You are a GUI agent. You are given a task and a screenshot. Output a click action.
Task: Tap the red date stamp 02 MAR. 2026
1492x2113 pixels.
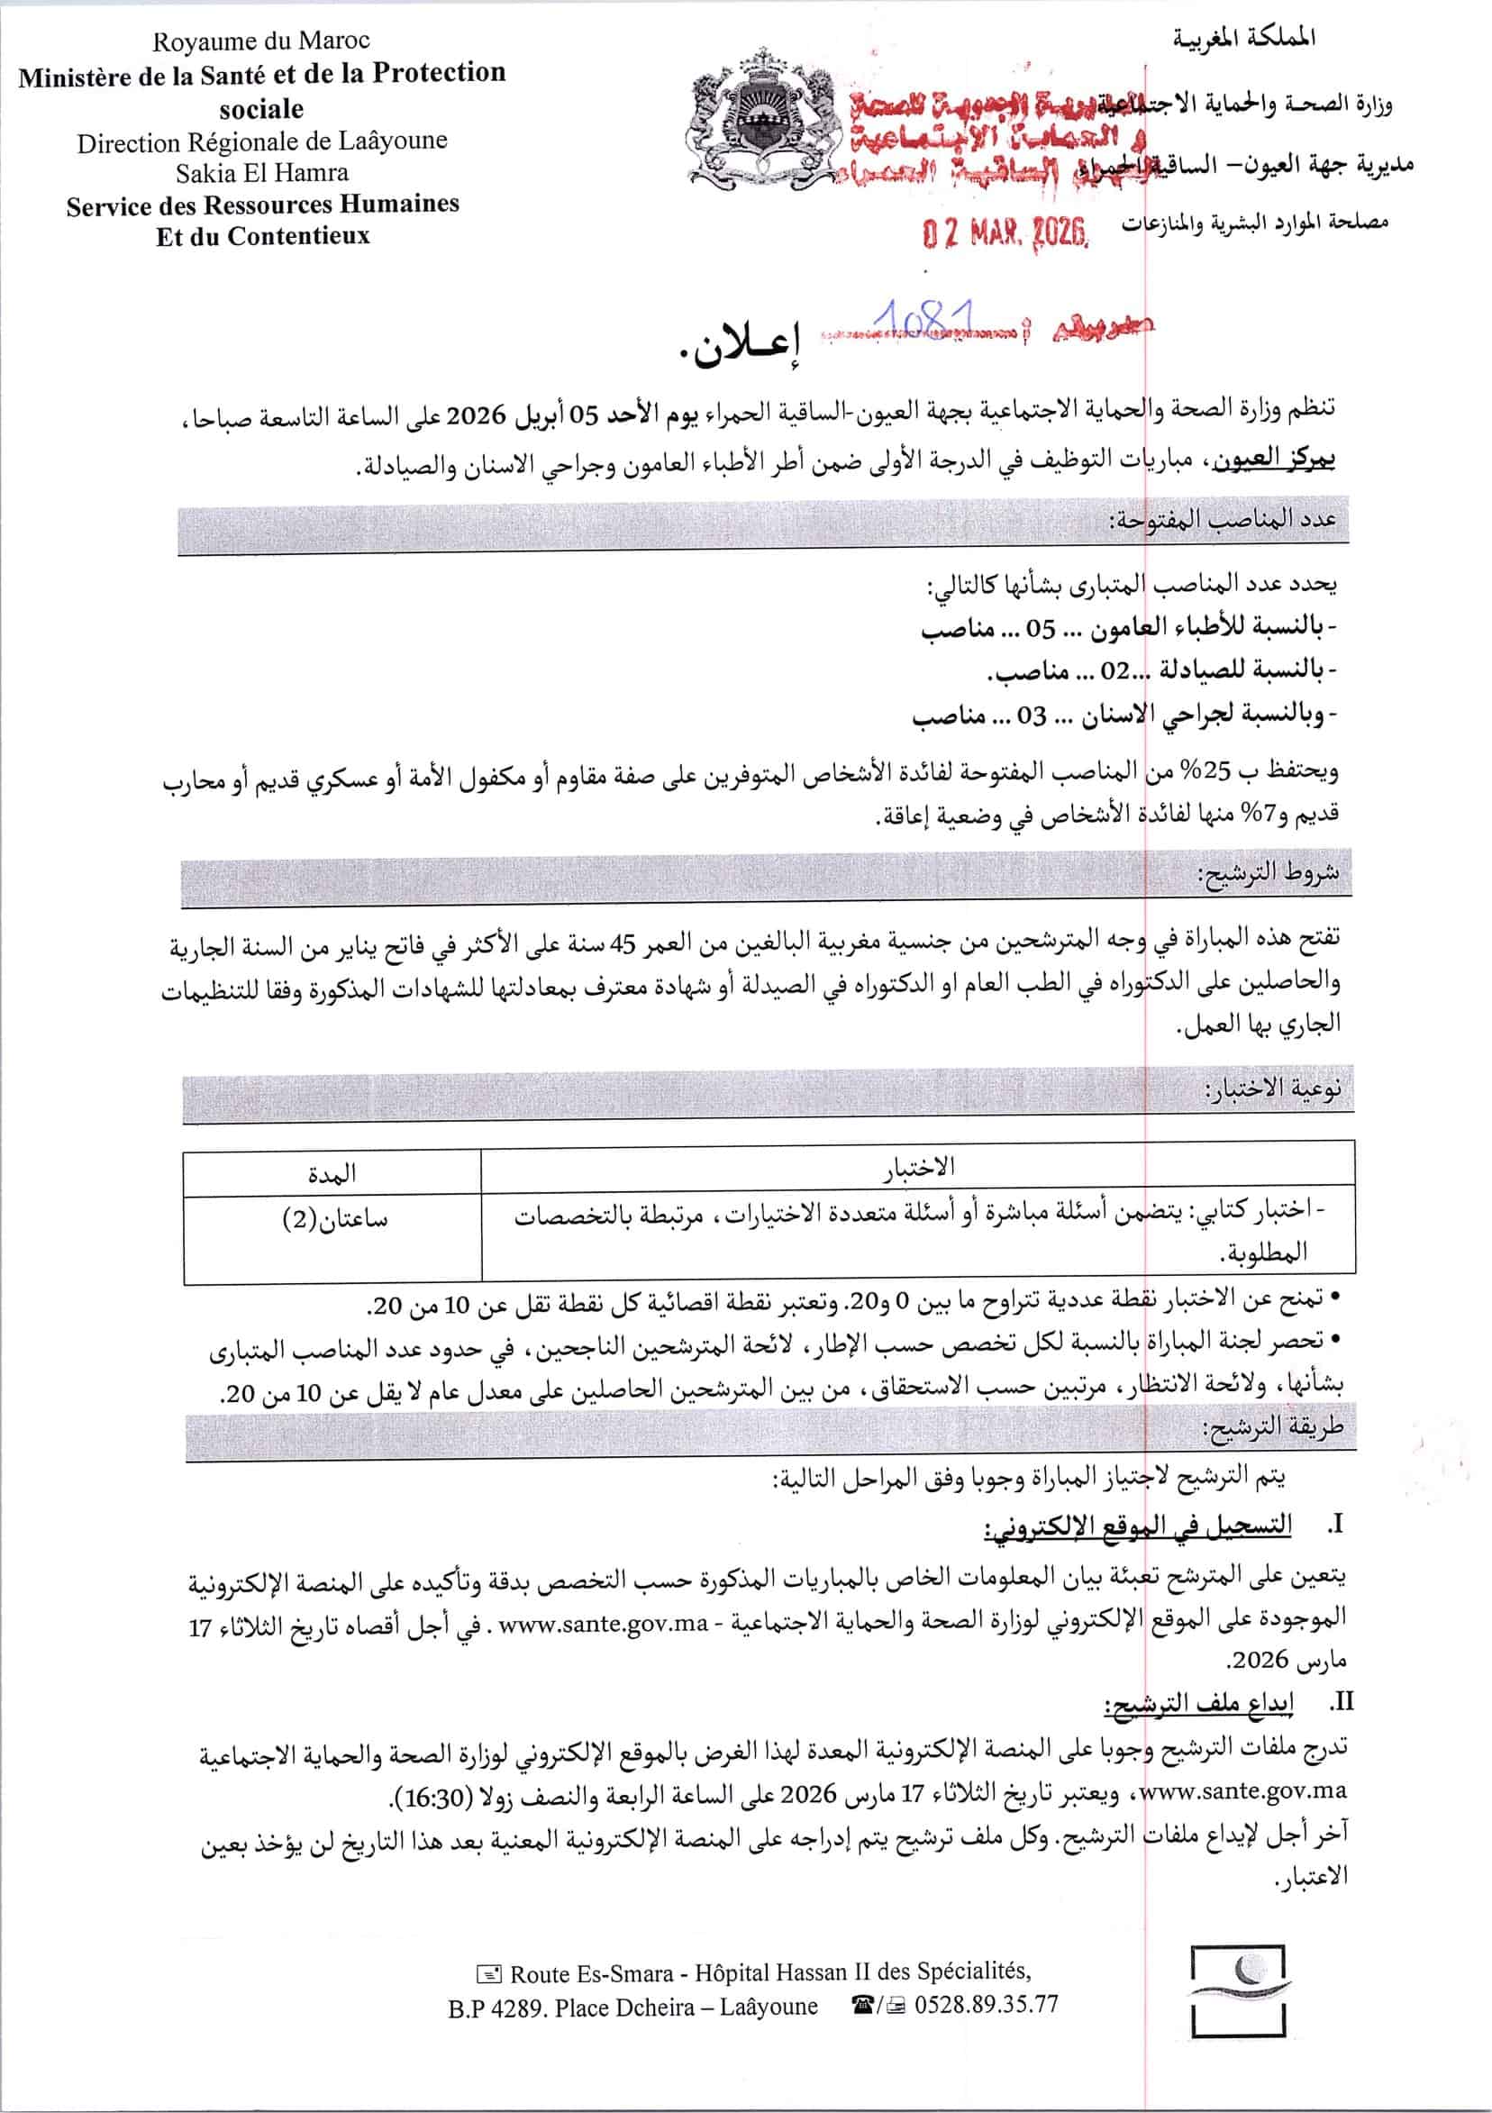[1006, 232]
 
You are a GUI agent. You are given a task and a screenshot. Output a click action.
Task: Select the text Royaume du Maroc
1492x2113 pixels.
[260, 41]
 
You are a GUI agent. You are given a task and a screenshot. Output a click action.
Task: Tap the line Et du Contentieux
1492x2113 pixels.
[262, 236]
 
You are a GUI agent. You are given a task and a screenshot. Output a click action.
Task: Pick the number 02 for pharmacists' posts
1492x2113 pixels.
[1114, 671]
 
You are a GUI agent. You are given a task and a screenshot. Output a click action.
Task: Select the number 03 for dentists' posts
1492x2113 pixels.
[1031, 716]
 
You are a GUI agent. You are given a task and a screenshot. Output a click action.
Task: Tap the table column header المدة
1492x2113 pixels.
[332, 1173]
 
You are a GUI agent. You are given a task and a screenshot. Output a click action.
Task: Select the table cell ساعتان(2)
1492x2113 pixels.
[334, 1219]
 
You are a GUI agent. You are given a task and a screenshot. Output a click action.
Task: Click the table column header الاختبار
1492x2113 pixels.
[919, 1168]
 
